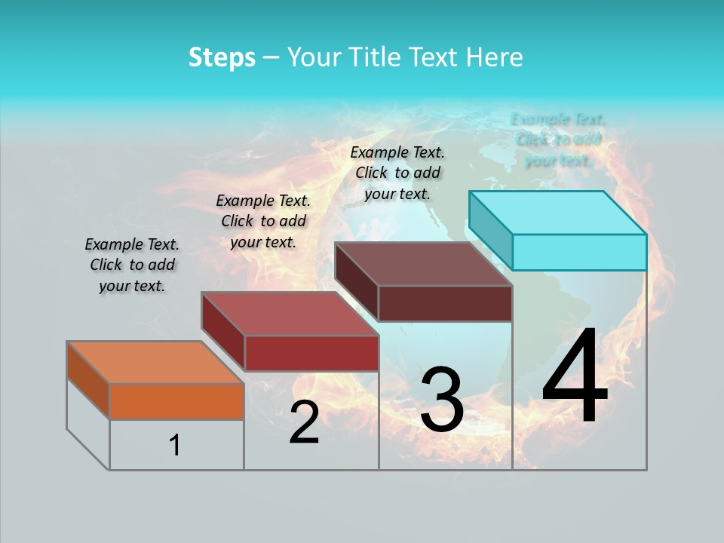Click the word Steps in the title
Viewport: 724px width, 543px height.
(222, 57)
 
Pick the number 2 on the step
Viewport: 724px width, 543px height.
(304, 422)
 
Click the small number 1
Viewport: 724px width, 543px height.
(175, 446)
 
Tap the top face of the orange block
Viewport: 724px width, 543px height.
(155, 363)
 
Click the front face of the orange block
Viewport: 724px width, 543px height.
(176, 401)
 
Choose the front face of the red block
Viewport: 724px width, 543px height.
(311, 353)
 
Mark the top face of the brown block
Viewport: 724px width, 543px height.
(423, 264)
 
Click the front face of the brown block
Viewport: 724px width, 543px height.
(445, 303)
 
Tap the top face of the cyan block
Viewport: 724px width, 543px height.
(557, 213)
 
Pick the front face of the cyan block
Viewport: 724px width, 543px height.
(579, 252)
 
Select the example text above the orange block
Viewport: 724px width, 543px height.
(132, 265)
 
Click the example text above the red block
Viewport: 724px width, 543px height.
(263, 221)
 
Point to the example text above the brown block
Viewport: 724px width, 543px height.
(397, 173)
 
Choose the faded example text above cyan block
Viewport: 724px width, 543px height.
(558, 140)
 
